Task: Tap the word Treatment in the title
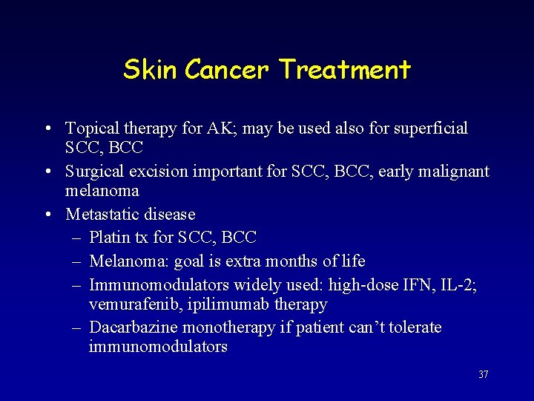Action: [345, 70]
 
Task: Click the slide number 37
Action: [483, 375]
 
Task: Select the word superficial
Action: [431, 128]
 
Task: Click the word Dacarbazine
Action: [134, 327]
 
